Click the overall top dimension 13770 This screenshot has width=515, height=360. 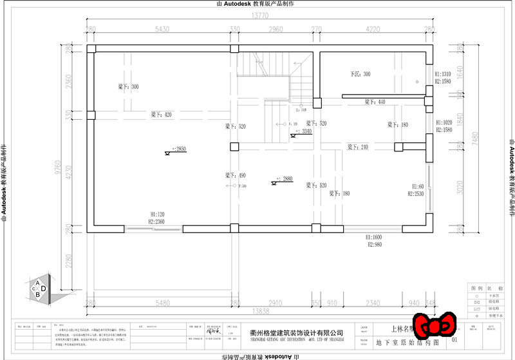click(x=260, y=15)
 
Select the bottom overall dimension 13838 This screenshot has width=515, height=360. click(x=260, y=310)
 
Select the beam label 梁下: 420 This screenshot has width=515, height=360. click(x=162, y=115)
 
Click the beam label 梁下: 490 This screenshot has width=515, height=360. click(x=236, y=175)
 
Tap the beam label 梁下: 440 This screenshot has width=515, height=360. click(x=375, y=102)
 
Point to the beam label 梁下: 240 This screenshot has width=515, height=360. click(x=358, y=147)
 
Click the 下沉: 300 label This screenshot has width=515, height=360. click(x=360, y=74)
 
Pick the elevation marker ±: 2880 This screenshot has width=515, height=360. click(x=283, y=179)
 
